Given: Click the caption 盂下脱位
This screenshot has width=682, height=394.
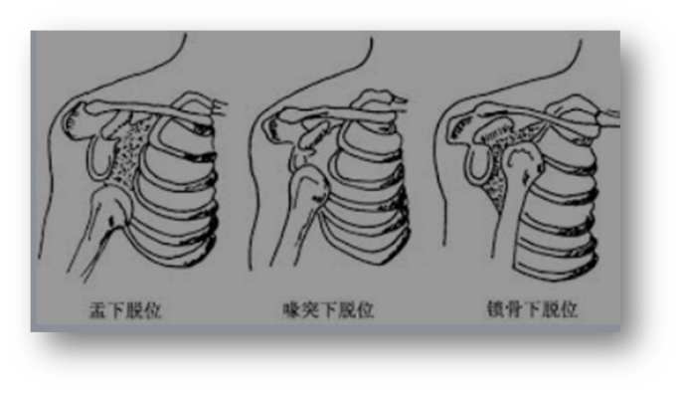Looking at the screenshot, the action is point(124,310).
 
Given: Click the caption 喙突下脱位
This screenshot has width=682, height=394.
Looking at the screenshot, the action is point(327,310).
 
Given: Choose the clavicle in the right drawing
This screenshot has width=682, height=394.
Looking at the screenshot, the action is point(537,116).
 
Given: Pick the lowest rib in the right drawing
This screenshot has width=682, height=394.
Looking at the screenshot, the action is point(557,264).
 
